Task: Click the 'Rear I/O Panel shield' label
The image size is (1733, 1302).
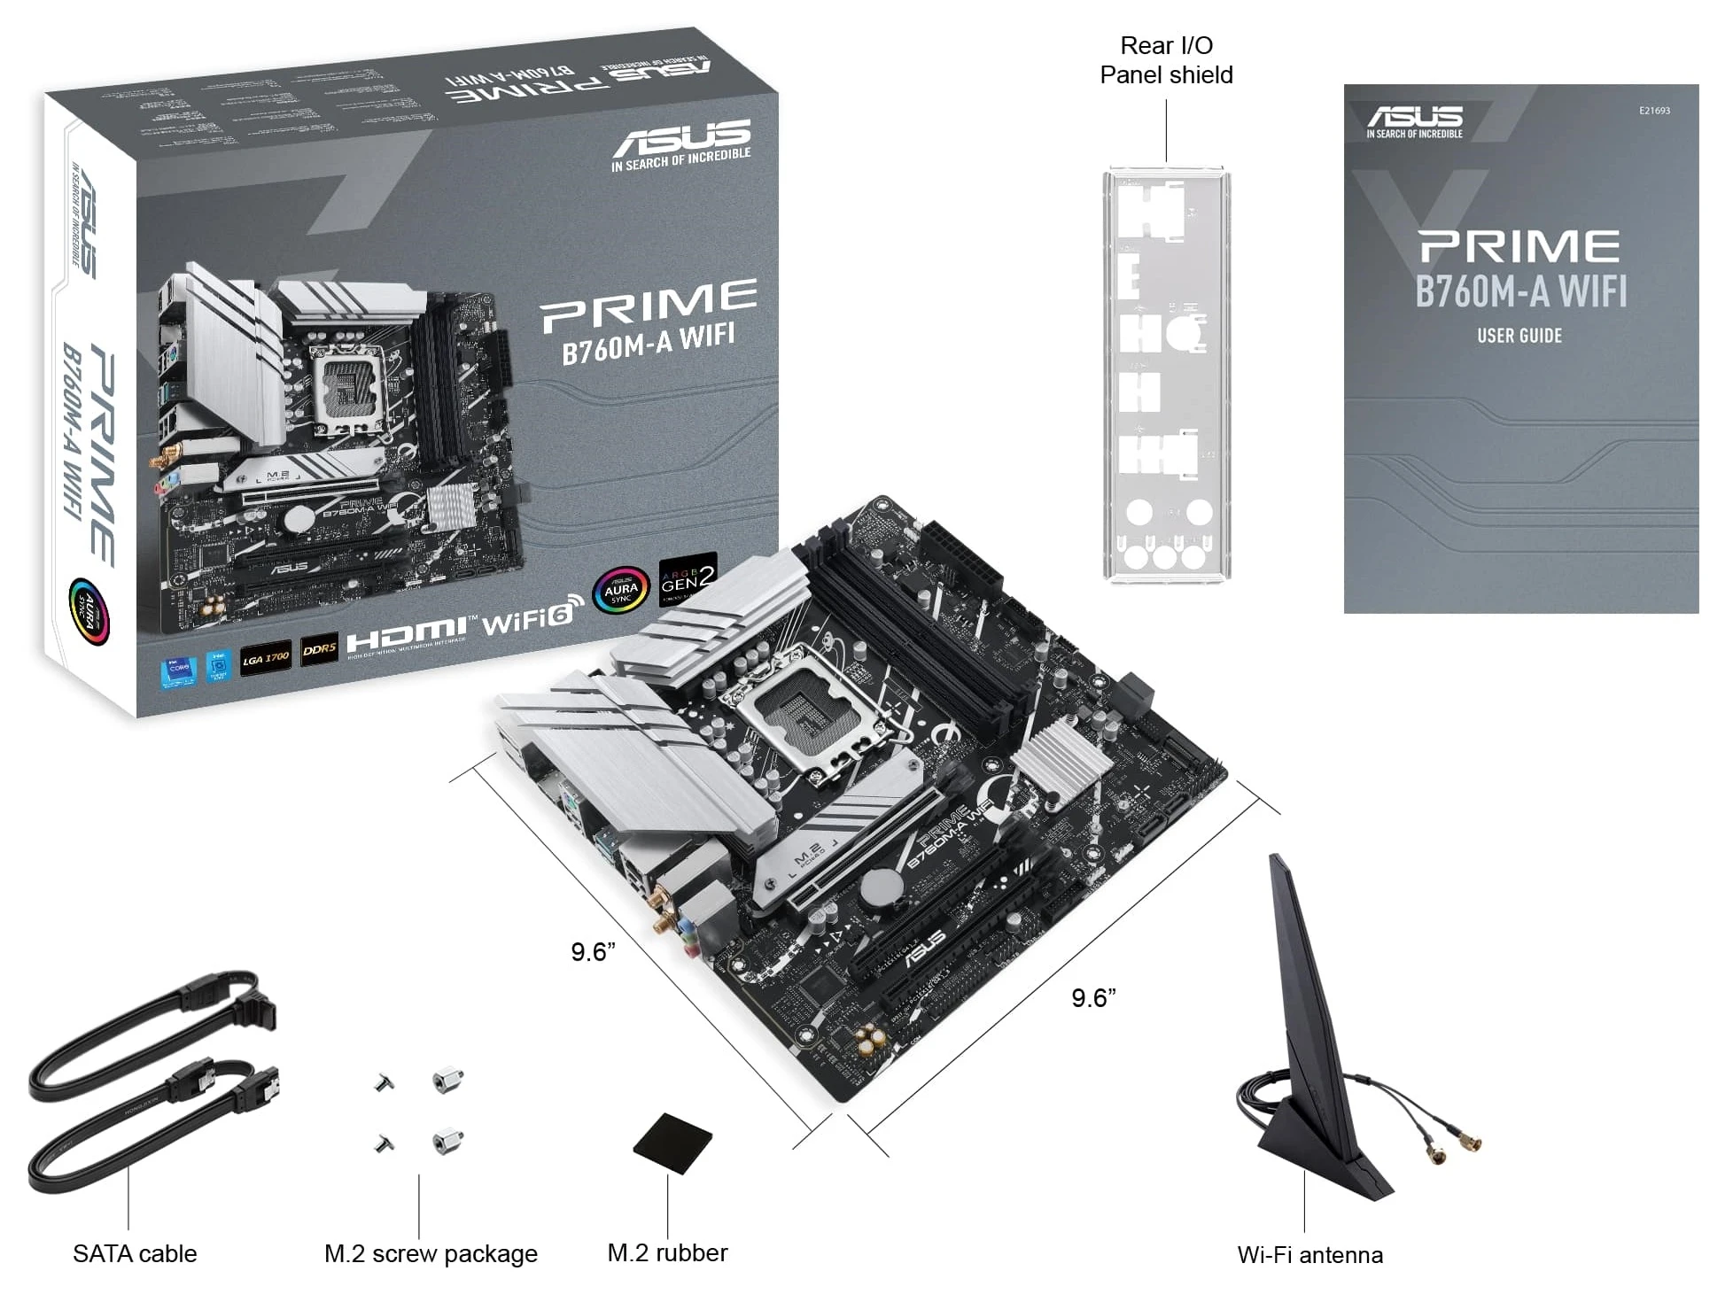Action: [1165, 59]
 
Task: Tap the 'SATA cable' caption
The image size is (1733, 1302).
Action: [135, 1253]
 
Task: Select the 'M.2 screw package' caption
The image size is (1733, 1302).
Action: [431, 1253]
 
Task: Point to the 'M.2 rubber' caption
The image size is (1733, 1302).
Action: [667, 1252]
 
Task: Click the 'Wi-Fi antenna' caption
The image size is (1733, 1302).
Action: [1309, 1254]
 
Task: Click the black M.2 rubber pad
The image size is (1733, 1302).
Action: [673, 1143]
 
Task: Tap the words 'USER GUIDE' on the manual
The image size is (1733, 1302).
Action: [1519, 336]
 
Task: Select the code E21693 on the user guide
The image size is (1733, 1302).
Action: [1653, 111]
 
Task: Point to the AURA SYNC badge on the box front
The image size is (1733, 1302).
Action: [621, 589]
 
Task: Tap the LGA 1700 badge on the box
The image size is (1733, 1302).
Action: [266, 658]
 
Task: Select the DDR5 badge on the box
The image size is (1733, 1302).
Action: [319, 649]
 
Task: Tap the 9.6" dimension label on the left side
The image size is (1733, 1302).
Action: [593, 952]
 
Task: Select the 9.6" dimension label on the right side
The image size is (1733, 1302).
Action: [1092, 998]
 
